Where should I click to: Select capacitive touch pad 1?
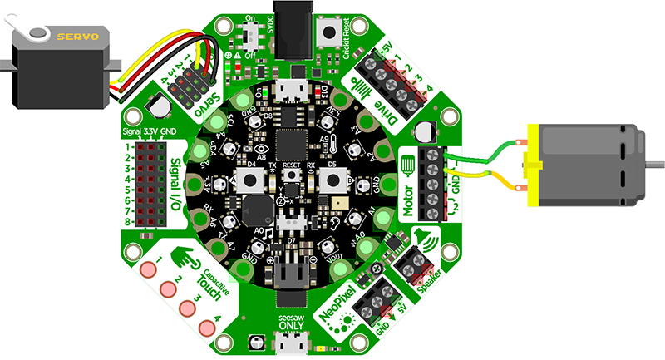click(149, 269)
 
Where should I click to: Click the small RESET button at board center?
click(290, 177)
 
